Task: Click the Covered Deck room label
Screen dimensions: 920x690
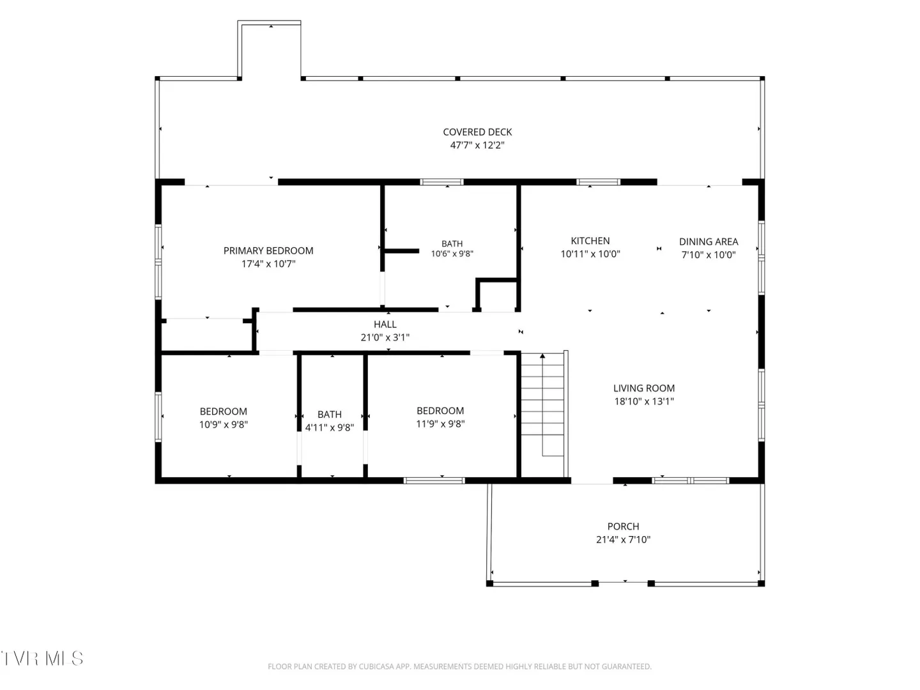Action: click(x=477, y=132)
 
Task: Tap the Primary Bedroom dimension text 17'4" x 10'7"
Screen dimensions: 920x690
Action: click(x=268, y=264)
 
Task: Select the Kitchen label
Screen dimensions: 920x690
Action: click(x=590, y=241)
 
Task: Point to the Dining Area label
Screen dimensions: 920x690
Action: click(x=709, y=241)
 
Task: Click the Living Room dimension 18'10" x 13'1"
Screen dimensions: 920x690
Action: click(x=644, y=401)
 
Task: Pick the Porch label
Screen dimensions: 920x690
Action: click(x=624, y=526)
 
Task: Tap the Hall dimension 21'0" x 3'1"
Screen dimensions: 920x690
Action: click(x=385, y=337)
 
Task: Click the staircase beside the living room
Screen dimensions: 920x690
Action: click(x=542, y=415)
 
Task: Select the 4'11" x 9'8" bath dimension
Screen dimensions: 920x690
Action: click(x=330, y=427)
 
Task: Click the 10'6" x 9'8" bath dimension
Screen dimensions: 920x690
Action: click(x=452, y=254)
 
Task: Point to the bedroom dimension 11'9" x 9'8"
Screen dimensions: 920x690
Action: click(x=440, y=424)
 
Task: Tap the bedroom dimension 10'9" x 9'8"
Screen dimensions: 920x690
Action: click(x=224, y=424)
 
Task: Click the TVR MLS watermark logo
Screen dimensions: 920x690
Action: click(x=42, y=659)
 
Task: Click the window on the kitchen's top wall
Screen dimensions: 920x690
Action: click(x=598, y=182)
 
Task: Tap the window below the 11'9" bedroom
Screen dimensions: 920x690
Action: click(x=434, y=480)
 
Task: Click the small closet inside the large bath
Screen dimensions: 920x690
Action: click(x=497, y=296)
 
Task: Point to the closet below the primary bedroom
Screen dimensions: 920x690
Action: click(x=206, y=335)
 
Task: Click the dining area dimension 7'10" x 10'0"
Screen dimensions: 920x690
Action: click(x=709, y=255)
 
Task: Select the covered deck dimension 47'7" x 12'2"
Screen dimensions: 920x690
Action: click(x=477, y=146)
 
